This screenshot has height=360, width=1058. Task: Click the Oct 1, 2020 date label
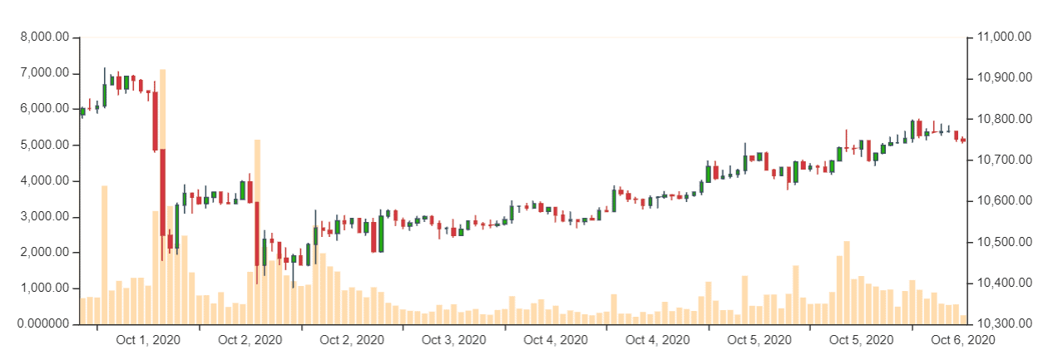pos(148,340)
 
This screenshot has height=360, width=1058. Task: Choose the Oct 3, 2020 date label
pos(454,340)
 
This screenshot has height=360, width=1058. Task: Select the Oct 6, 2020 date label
pos(963,340)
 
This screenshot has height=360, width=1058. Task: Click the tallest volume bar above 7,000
pos(163,200)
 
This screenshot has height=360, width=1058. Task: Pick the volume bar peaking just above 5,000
pos(257,233)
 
